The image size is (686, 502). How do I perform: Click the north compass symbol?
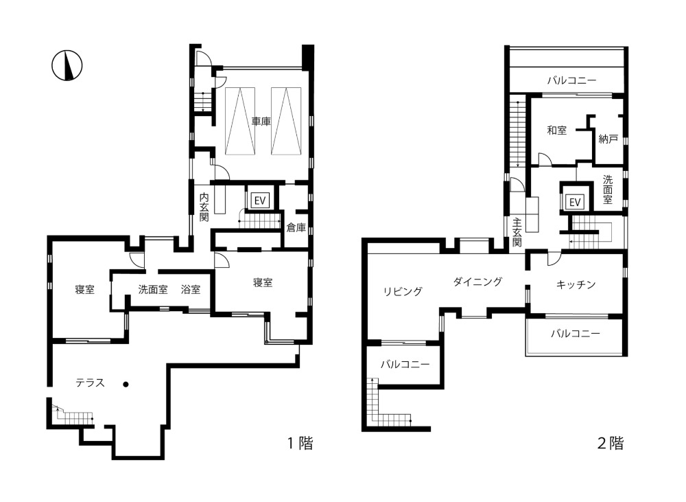click(x=67, y=66)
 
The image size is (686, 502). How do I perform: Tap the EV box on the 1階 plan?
click(x=260, y=201)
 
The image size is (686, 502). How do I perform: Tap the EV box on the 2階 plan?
click(x=574, y=202)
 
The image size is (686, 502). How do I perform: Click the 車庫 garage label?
click(x=261, y=122)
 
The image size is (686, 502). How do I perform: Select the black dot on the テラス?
click(x=126, y=385)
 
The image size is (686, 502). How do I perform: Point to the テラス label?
click(x=90, y=383)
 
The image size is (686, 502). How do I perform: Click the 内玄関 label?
click(x=204, y=207)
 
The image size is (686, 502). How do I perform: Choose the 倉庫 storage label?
click(x=296, y=228)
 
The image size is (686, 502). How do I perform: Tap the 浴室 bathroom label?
click(x=191, y=290)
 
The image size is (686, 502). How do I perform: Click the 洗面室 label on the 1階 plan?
click(x=153, y=290)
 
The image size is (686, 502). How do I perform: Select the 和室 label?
click(x=556, y=130)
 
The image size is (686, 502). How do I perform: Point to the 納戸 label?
click(x=608, y=139)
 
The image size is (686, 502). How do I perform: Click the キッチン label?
click(x=576, y=285)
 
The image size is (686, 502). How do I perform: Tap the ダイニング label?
click(x=477, y=282)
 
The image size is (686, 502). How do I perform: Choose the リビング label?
click(x=403, y=291)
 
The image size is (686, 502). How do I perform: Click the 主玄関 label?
click(x=517, y=233)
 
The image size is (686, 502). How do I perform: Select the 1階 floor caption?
click(x=300, y=444)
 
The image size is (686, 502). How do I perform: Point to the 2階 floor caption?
click(x=611, y=444)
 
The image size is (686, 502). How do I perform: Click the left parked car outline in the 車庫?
click(x=240, y=121)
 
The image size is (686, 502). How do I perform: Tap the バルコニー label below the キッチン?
click(x=576, y=334)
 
